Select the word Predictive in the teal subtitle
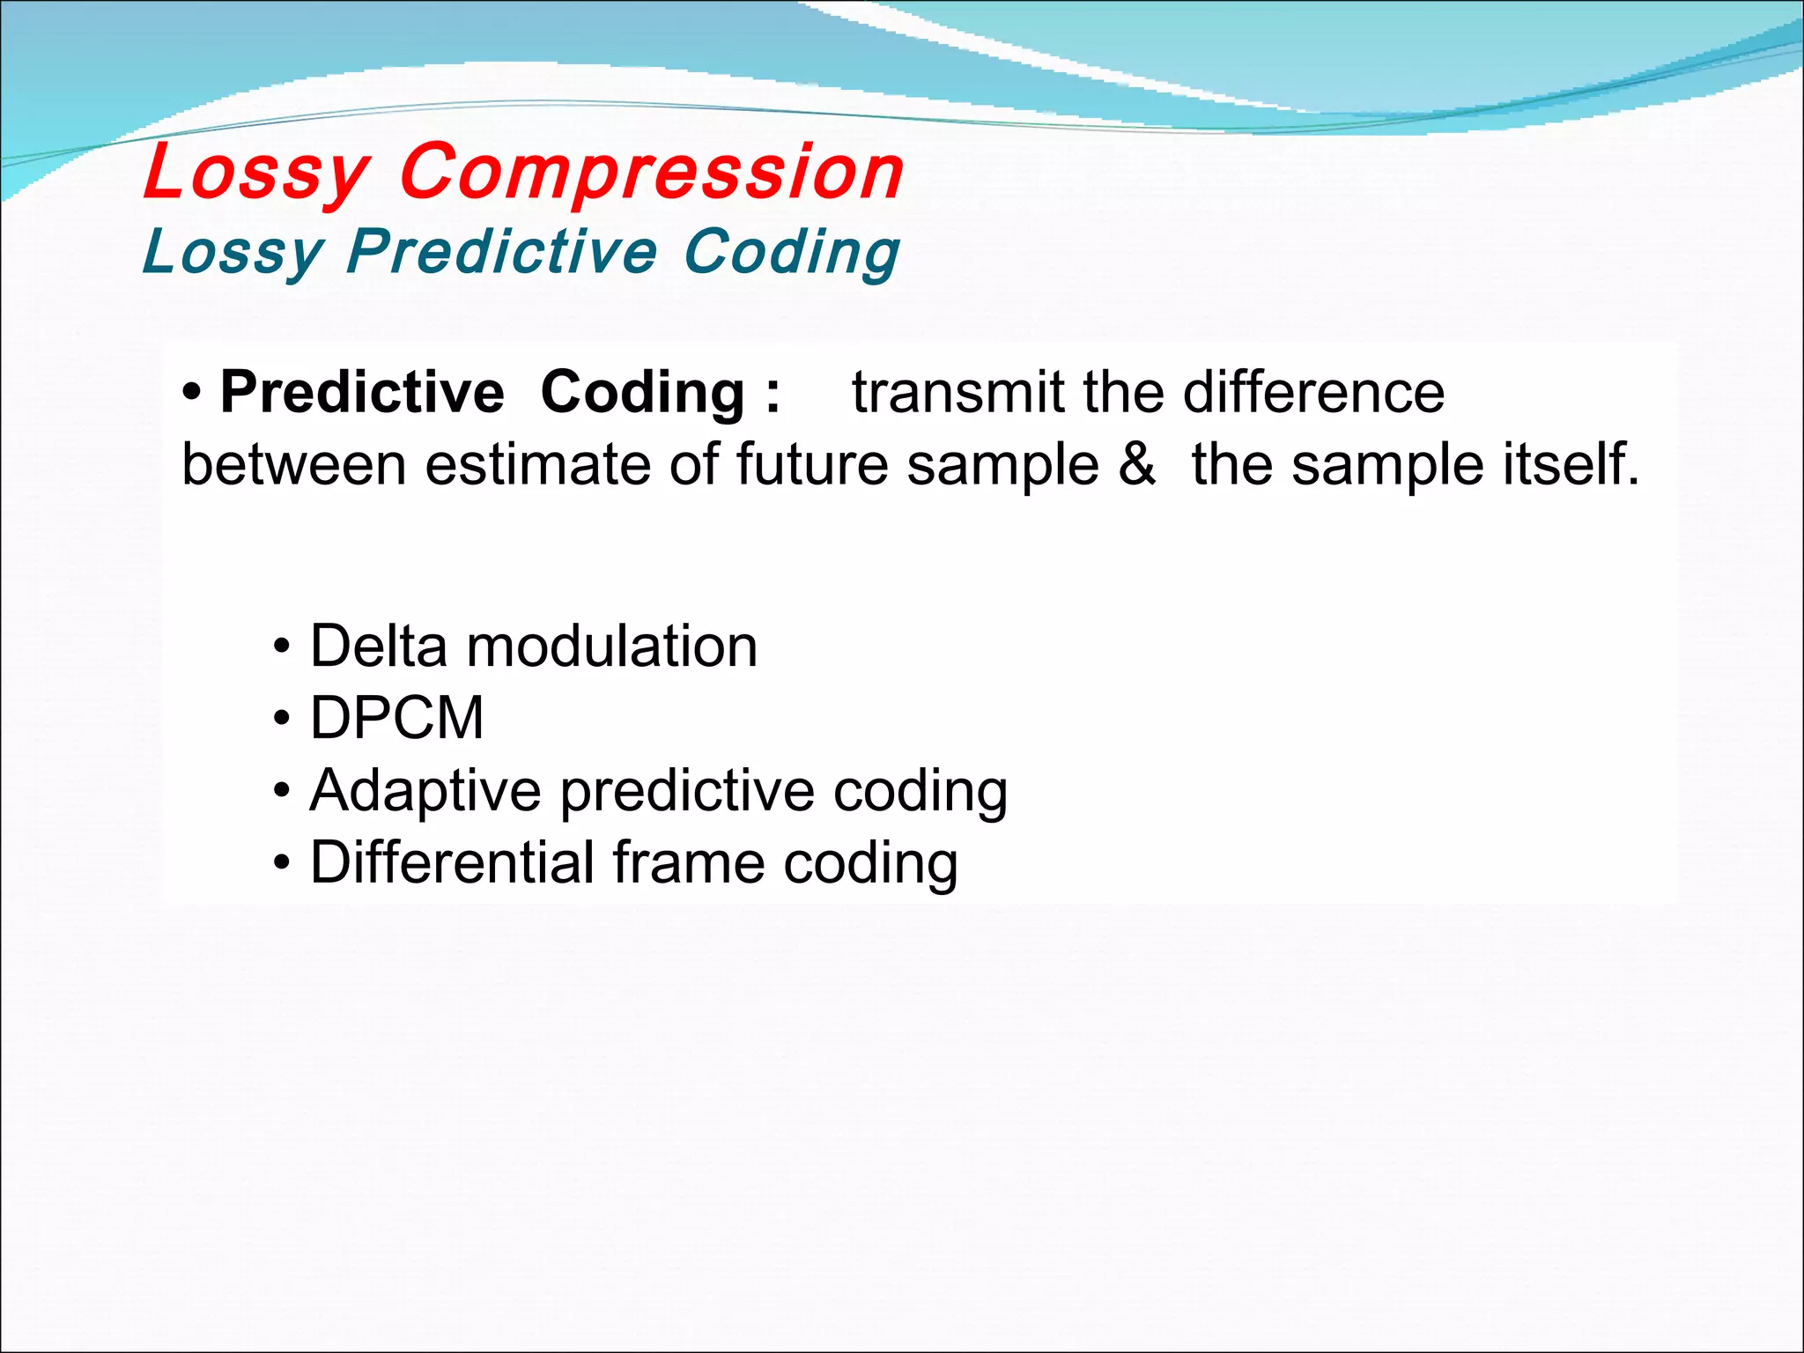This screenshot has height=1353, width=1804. (502, 252)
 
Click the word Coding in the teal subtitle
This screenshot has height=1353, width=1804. (791, 252)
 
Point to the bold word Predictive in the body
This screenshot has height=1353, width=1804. (362, 392)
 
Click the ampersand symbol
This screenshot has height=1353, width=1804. (1136, 464)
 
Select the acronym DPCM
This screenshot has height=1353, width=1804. (396, 718)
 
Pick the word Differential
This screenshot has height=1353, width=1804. (453, 862)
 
